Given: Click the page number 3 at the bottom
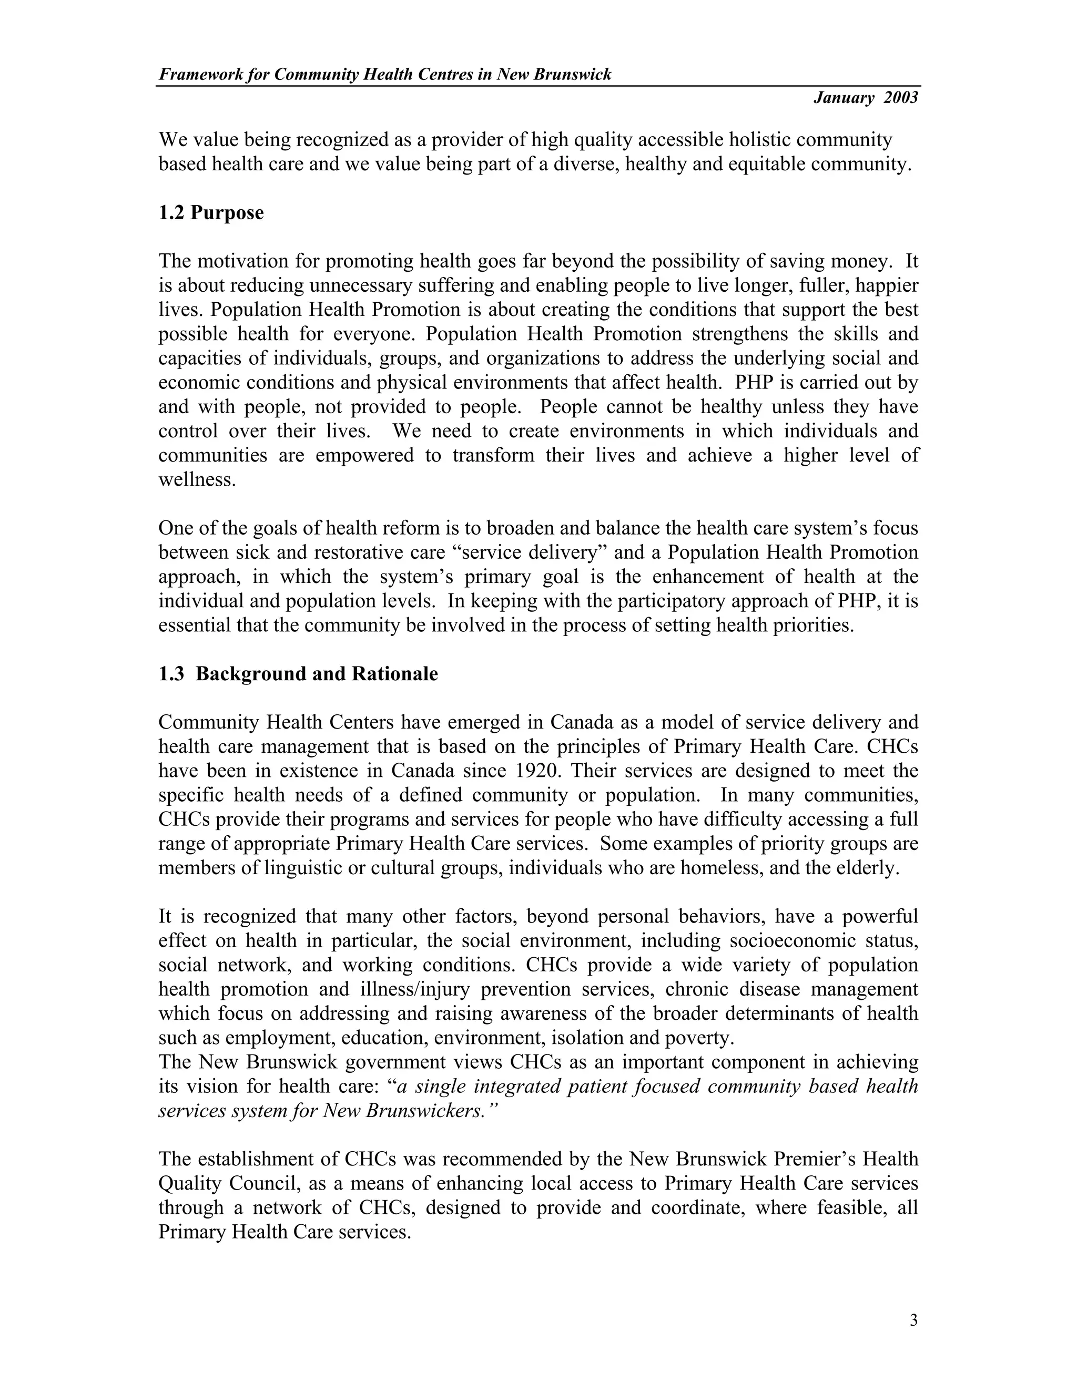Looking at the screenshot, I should point(913,1320).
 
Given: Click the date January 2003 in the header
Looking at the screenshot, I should point(865,98).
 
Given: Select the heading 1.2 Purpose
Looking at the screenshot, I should point(211,212).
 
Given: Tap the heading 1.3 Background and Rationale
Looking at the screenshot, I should point(298,674).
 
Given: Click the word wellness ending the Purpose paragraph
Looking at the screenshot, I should point(197,479).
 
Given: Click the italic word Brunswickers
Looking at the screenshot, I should point(421,1111).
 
